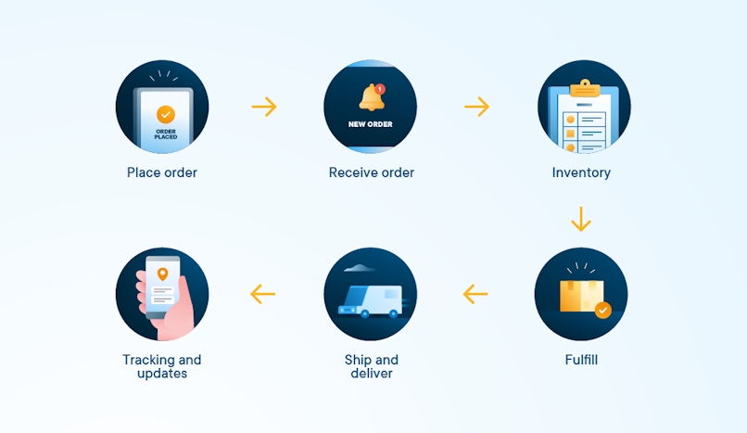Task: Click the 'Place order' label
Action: [x=162, y=172]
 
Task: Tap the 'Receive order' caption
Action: [x=372, y=172]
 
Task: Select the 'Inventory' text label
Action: [x=581, y=172]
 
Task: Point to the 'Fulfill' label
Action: [x=581, y=360]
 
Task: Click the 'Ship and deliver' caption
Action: [x=372, y=366]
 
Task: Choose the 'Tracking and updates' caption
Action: [x=162, y=366]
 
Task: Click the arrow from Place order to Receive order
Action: [x=264, y=107]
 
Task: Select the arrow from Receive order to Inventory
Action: [x=477, y=107]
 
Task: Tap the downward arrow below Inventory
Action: [x=581, y=219]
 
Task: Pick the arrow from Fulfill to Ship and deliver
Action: [x=475, y=294]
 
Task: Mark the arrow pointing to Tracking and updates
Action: [x=263, y=294]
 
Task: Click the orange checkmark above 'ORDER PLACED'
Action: [x=166, y=115]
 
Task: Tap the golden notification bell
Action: [x=371, y=98]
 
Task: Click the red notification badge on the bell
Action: [x=380, y=89]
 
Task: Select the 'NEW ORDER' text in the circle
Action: [x=370, y=124]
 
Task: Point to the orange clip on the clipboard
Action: [x=585, y=89]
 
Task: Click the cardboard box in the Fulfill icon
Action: [x=582, y=296]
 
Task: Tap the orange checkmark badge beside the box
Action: [x=603, y=311]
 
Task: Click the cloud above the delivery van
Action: [x=359, y=268]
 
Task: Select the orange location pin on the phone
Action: [x=162, y=274]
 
